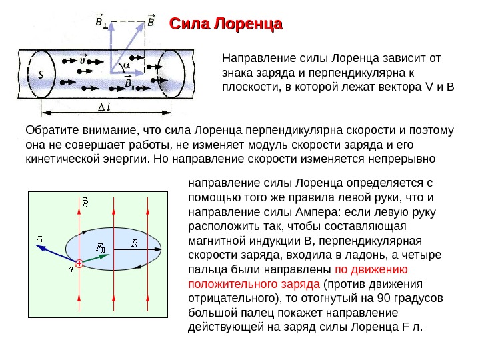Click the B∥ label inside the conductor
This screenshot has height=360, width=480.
click(x=129, y=83)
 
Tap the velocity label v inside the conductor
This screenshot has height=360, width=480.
click(x=83, y=59)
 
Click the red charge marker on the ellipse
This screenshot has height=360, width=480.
click(x=79, y=264)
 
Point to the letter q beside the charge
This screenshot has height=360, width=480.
click(x=70, y=269)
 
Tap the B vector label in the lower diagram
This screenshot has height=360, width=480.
click(x=85, y=202)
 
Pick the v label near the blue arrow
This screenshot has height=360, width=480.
click(x=41, y=238)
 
